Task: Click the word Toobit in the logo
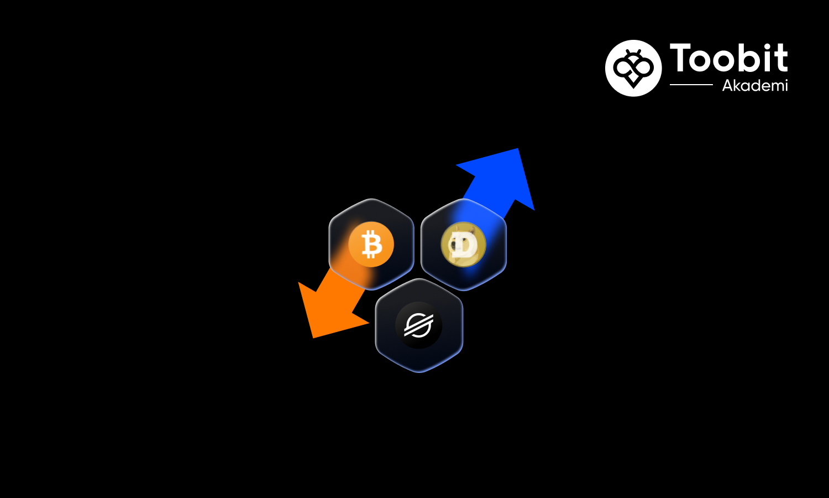[x=728, y=58]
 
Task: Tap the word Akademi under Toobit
[x=755, y=85]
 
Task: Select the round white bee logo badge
[x=633, y=68]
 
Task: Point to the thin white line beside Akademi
[x=691, y=85]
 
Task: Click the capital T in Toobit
[x=681, y=58]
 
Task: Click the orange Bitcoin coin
[x=371, y=244]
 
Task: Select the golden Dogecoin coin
[x=463, y=245]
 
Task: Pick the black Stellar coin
[x=418, y=325]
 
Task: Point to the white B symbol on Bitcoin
[x=371, y=244]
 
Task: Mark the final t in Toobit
[x=781, y=58]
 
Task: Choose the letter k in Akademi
[x=738, y=85]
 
